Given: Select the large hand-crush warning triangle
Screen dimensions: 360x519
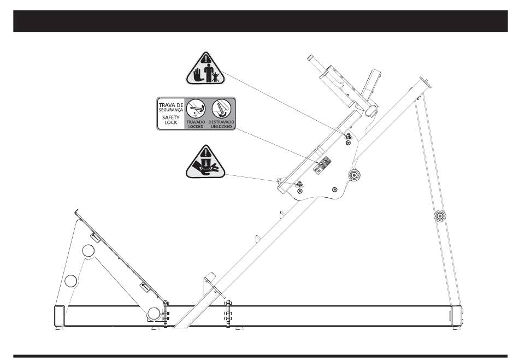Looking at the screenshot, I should click(205, 163).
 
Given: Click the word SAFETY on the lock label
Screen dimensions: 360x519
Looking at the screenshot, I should click(168, 116).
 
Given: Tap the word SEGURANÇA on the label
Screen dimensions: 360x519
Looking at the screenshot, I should click(168, 109).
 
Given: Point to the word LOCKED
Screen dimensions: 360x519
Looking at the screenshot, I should click(195, 126).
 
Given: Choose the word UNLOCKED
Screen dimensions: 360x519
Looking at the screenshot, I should click(221, 126).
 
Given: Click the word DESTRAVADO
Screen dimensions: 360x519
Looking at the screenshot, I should click(221, 122).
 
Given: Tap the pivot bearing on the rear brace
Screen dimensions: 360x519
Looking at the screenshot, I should click(439, 216).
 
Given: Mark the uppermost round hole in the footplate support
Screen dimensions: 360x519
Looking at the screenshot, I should click(89, 252).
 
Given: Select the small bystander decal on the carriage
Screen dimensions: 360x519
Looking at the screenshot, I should click(347, 135).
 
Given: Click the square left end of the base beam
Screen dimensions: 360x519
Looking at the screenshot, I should click(58, 316).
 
